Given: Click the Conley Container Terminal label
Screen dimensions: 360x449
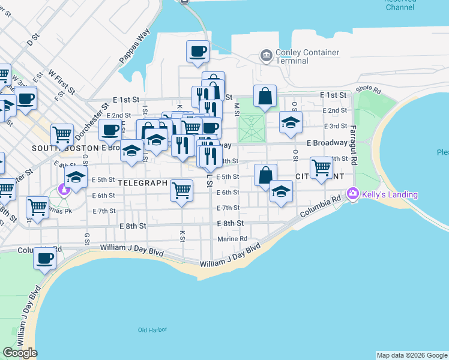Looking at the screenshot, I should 307,56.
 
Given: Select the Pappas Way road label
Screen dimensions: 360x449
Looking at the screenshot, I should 134,46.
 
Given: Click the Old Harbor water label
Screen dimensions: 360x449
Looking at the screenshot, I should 150,330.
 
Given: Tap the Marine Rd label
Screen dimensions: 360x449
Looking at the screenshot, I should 233,238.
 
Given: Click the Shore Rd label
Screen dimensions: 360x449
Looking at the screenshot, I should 368,89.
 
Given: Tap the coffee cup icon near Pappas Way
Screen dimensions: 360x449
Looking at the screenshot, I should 197,52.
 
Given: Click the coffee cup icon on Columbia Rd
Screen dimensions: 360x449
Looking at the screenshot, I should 45,258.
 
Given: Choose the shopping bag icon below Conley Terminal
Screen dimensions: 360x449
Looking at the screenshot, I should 265,95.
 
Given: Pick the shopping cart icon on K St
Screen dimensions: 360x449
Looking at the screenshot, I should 181,190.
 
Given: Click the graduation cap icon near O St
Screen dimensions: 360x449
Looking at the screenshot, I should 291,122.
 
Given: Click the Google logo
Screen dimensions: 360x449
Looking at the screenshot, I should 20,353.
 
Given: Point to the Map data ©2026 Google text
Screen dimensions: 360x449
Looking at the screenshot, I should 412,355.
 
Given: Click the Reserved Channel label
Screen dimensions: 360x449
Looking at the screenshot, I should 400,5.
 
